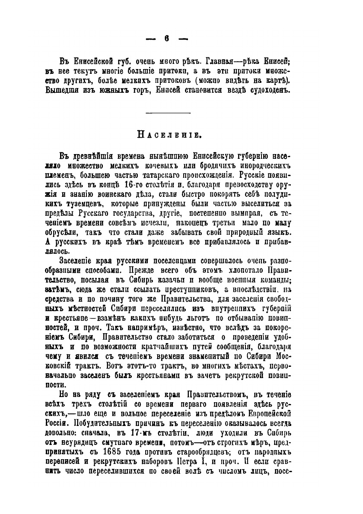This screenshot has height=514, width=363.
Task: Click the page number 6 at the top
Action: [x=166, y=38]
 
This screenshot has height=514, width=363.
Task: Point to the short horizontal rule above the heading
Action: [x=169, y=113]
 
